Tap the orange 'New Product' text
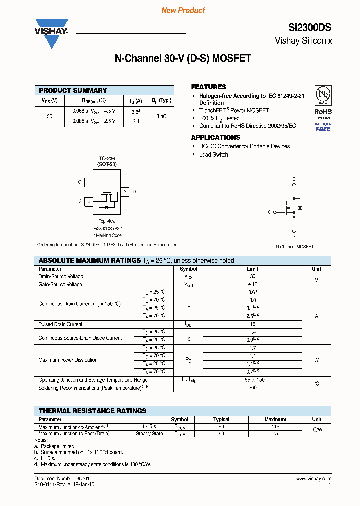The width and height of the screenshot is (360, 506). (183, 10)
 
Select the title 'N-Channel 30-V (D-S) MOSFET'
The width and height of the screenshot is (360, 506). (183, 59)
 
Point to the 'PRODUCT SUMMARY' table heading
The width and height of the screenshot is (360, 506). (73, 90)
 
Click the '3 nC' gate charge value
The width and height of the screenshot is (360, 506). (161, 116)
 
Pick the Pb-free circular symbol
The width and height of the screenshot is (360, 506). (323, 95)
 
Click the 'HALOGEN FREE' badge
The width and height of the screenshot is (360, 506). (323, 127)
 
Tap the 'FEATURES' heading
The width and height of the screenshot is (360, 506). (208, 87)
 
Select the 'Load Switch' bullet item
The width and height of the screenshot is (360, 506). (213, 155)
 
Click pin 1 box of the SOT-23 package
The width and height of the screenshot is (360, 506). (89, 182)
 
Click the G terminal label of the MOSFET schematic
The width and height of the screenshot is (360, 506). (269, 212)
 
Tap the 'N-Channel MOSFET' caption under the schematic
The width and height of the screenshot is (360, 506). (295, 247)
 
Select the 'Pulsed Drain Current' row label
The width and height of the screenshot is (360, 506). (60, 324)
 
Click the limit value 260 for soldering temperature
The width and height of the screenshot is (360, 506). (252, 388)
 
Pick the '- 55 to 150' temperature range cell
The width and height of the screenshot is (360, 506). (252, 380)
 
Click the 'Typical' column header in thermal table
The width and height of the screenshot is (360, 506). (221, 420)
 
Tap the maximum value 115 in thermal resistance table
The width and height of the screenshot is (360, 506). (275, 427)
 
